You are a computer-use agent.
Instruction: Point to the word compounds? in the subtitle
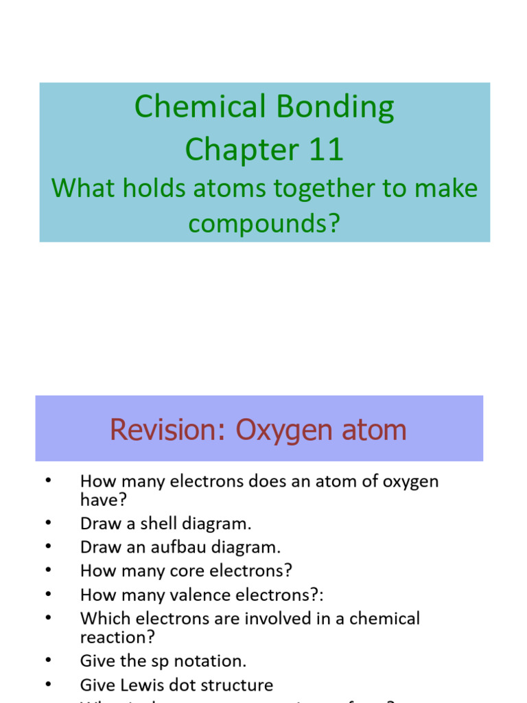pos(265,224)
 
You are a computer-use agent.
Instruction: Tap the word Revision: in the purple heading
pos(168,430)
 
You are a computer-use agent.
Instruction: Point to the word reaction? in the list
pos(117,637)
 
